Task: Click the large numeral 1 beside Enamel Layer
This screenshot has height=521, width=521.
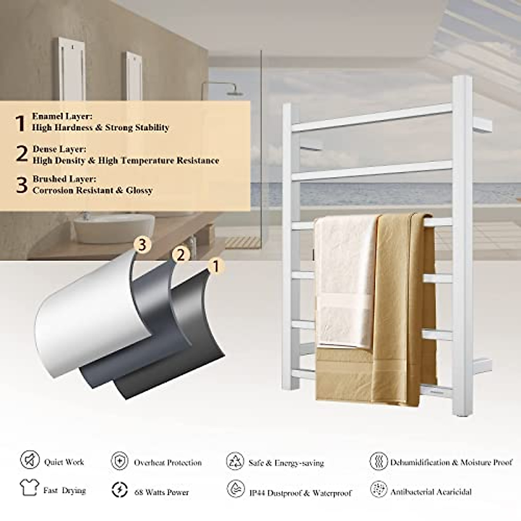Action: click(20, 123)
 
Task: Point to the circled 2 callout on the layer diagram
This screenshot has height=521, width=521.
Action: click(181, 255)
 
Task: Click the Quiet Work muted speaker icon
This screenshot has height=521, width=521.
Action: click(30, 460)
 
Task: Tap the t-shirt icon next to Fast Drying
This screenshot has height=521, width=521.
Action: click(29, 488)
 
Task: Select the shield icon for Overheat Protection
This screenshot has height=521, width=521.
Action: click(119, 461)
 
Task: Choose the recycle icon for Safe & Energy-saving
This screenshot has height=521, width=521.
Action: click(235, 461)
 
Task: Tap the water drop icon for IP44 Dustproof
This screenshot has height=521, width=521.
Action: click(235, 490)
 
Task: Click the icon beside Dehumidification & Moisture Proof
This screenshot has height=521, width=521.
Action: click(378, 461)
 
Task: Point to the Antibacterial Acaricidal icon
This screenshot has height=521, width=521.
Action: click(378, 490)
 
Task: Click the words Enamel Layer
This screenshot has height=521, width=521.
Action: click(62, 116)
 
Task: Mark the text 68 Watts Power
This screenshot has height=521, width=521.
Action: click(162, 492)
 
